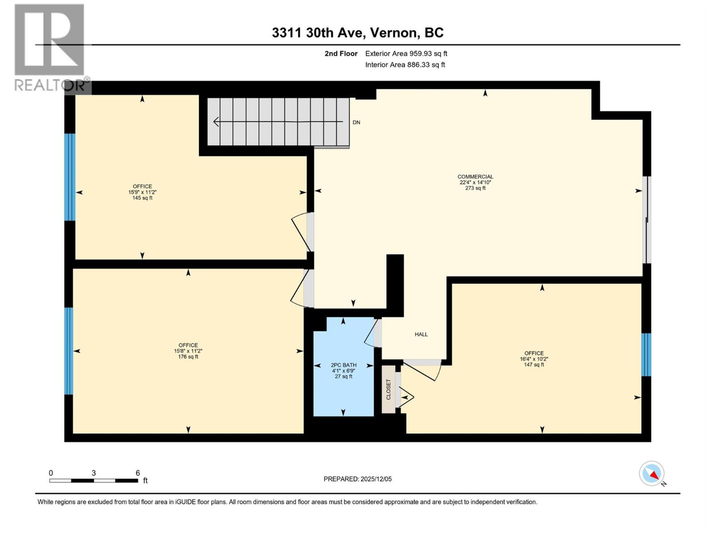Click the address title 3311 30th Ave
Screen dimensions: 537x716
point(358,33)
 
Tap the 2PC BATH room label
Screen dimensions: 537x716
point(344,371)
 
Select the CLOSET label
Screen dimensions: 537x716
point(388,389)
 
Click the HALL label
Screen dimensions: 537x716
point(421,334)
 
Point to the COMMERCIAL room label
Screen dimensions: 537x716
point(475,182)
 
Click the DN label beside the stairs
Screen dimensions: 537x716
point(356,122)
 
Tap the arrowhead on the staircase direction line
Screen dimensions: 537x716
point(216,121)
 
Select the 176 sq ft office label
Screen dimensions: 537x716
point(188,351)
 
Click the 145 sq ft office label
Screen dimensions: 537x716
point(142,192)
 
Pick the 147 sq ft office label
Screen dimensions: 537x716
point(534,359)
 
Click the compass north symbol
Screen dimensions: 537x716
point(652,473)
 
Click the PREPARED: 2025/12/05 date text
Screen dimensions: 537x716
point(358,479)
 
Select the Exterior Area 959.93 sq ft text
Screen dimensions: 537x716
point(406,54)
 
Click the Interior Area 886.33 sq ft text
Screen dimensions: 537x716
point(405,65)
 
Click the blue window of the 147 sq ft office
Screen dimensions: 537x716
point(646,354)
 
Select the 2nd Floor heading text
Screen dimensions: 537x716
point(341,54)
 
